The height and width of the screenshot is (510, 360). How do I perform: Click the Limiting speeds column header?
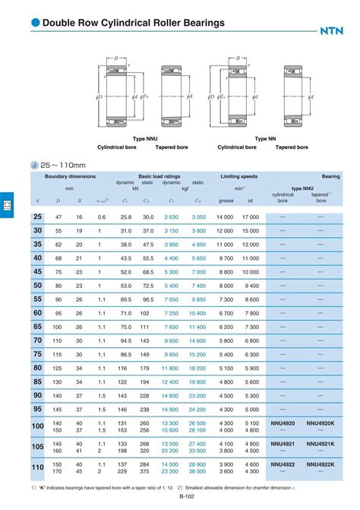point(238,176)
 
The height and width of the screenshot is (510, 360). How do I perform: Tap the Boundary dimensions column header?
point(70,176)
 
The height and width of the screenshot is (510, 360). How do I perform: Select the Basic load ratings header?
point(159,176)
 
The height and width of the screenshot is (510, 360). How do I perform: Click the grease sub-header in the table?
point(226,201)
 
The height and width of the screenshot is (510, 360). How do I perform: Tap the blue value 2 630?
point(171,217)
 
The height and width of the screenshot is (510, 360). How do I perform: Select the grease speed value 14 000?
point(225,217)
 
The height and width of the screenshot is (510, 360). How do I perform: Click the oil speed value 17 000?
point(250,217)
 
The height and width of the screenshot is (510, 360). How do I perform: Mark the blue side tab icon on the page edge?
point(6,205)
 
